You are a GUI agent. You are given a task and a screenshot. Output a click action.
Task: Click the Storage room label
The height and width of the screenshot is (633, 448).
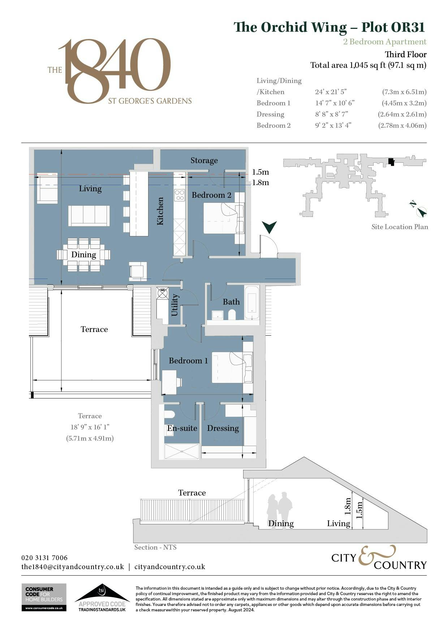click(x=204, y=161)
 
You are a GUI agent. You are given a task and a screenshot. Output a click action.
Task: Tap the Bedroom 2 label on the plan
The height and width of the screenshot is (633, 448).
click(x=211, y=195)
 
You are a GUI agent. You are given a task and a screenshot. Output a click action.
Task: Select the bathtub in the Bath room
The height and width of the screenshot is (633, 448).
click(x=252, y=302)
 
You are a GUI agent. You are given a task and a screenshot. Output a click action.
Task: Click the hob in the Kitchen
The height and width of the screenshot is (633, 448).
click(x=180, y=195)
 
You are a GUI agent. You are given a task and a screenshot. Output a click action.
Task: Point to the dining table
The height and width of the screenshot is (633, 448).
click(x=83, y=255)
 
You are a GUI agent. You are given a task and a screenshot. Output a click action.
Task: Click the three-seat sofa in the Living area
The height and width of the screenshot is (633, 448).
click(x=89, y=216)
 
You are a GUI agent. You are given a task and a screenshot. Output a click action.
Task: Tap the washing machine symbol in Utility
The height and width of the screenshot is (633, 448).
click(x=163, y=293)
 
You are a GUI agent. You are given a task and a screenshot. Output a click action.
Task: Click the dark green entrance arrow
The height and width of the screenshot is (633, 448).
click(x=270, y=227)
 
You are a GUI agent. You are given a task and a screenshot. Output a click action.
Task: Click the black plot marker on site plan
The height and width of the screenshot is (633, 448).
click(x=391, y=162)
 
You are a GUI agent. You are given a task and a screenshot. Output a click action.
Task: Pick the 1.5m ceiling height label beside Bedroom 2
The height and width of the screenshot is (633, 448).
click(x=260, y=172)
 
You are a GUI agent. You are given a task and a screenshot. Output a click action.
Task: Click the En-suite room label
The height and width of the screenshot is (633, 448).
click(x=182, y=428)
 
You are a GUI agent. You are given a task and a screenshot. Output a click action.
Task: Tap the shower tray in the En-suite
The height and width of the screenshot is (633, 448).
click(x=182, y=451)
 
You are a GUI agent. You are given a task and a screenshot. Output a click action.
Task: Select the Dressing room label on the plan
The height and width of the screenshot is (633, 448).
click(x=223, y=428)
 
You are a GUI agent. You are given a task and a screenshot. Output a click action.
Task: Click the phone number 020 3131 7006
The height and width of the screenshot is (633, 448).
click(x=44, y=558)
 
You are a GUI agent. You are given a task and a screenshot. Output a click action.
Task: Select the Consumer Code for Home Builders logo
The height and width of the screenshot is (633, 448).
click(x=44, y=597)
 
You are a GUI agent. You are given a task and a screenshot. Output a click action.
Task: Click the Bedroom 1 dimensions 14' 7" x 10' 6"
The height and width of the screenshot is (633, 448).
click(x=335, y=103)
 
